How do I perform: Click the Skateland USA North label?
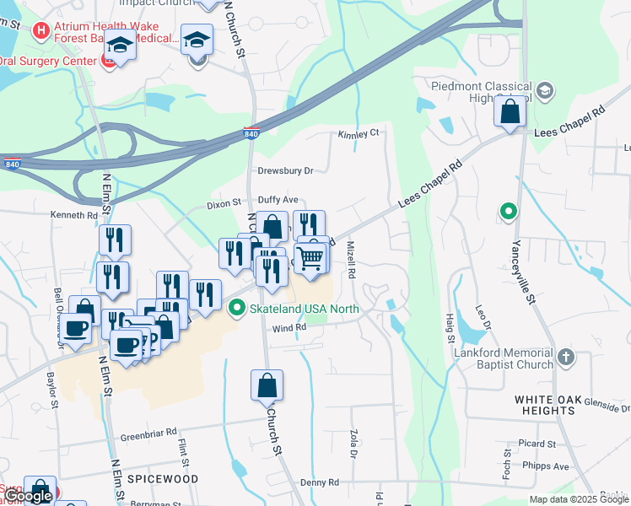[x=305, y=309]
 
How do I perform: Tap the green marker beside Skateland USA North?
[x=239, y=309]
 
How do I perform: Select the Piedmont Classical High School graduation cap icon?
[x=545, y=90]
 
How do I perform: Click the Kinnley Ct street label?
[x=359, y=134]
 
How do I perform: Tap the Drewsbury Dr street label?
[x=285, y=170]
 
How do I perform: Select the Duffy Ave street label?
[x=278, y=200]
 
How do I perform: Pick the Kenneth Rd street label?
[x=74, y=216]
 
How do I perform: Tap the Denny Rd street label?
[x=319, y=482]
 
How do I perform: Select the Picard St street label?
[x=537, y=444]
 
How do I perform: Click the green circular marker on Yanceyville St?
[x=508, y=212]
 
